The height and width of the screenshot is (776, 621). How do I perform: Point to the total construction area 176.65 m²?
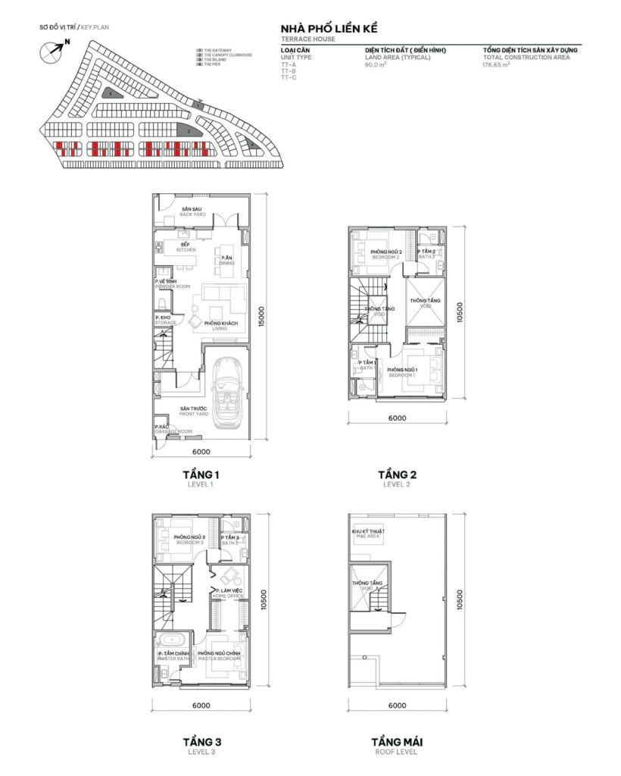tap(496, 65)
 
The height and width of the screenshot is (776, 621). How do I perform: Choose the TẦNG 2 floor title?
tap(398, 475)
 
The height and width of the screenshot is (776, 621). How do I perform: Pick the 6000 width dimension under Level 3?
tap(201, 706)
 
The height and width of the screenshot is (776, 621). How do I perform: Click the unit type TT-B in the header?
tap(288, 72)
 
